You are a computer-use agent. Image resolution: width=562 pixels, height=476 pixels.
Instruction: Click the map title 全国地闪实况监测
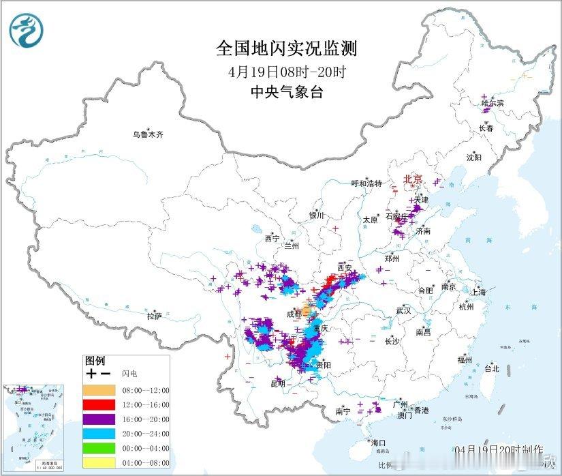click(x=286, y=48)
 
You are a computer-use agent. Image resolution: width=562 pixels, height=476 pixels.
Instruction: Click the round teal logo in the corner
click(x=26, y=30)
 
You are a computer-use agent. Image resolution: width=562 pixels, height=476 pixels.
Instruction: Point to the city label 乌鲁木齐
click(x=148, y=135)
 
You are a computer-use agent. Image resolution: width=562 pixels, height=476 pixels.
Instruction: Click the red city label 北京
click(x=413, y=180)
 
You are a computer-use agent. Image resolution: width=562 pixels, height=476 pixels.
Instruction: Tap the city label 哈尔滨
click(x=493, y=104)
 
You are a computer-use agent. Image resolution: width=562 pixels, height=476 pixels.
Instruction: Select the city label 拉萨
click(x=155, y=316)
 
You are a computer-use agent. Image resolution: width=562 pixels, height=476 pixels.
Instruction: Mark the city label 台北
click(x=491, y=368)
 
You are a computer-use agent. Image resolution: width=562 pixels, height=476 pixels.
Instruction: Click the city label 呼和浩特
click(x=366, y=183)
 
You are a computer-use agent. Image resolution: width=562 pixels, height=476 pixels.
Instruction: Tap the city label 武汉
click(x=403, y=310)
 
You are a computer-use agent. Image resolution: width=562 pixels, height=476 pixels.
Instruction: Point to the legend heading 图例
click(x=95, y=361)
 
